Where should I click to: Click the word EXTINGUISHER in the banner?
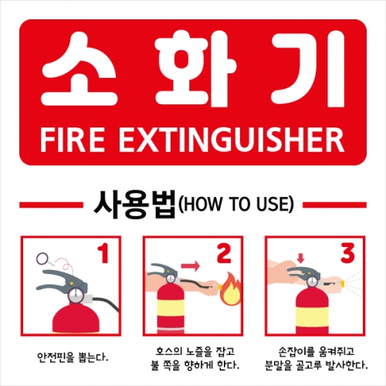coord(232,141)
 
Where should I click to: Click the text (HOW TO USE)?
coord(235,204)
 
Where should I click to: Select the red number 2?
coord(224,253)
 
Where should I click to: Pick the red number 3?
coord(347,253)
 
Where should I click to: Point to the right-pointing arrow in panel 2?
coord(190,266)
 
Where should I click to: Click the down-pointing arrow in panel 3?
coord(300,258)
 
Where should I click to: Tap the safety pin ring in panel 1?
coord(42,258)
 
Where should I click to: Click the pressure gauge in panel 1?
coord(76,294)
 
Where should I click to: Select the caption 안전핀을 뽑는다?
coord(73,357)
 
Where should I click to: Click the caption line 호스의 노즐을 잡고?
coord(195,351)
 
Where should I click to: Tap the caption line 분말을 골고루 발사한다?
coord(316,364)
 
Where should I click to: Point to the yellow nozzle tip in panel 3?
coord(343,284)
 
